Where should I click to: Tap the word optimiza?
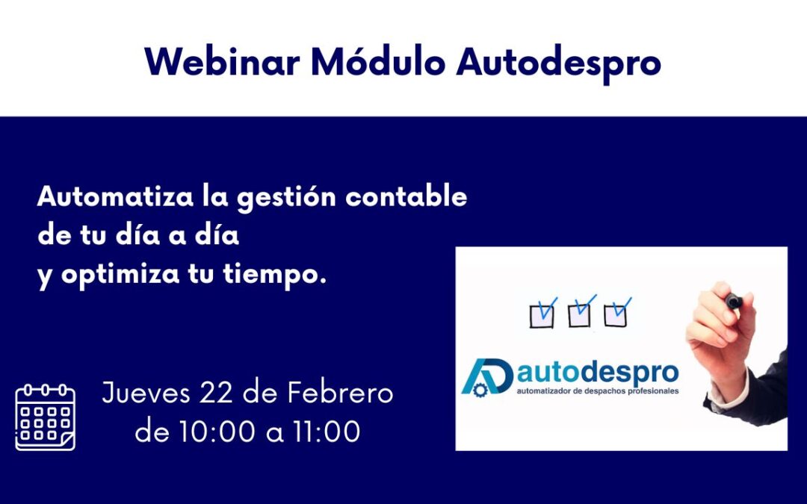coord(119,276)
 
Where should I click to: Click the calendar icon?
coord(46,417)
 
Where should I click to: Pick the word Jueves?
coord(146,393)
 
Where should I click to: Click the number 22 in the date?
coord(217,393)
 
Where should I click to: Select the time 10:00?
coord(217,432)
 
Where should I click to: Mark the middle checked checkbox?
coord(580,314)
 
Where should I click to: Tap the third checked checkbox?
coord(616,314)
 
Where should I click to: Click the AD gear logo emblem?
coord(486,376)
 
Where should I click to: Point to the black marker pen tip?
coord(732,300)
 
